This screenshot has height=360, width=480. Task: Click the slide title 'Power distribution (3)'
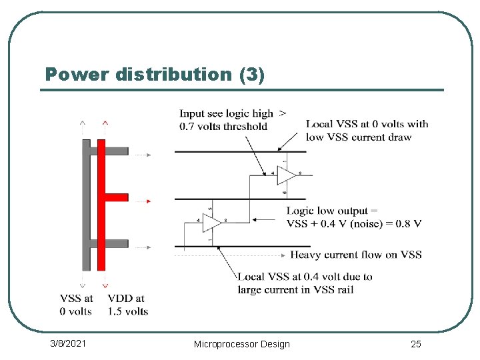point(155,74)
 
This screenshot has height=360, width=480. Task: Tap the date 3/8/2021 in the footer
point(69,343)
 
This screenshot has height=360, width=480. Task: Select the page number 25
point(415,343)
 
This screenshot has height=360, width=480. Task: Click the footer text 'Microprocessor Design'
point(241,344)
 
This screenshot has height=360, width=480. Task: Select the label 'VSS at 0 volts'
point(76,305)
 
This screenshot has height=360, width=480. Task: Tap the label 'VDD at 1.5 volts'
point(127,305)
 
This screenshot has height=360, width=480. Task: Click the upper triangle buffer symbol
point(287,174)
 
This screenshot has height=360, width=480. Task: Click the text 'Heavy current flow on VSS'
point(355,255)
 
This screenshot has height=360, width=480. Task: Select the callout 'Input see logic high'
point(227,114)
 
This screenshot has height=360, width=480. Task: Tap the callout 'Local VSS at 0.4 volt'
point(305,276)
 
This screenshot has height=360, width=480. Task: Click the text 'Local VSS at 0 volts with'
point(367,124)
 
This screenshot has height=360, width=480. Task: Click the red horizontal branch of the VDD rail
point(117,197)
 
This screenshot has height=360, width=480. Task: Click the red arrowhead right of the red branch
point(149,201)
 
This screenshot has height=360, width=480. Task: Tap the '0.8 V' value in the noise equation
point(407,223)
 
